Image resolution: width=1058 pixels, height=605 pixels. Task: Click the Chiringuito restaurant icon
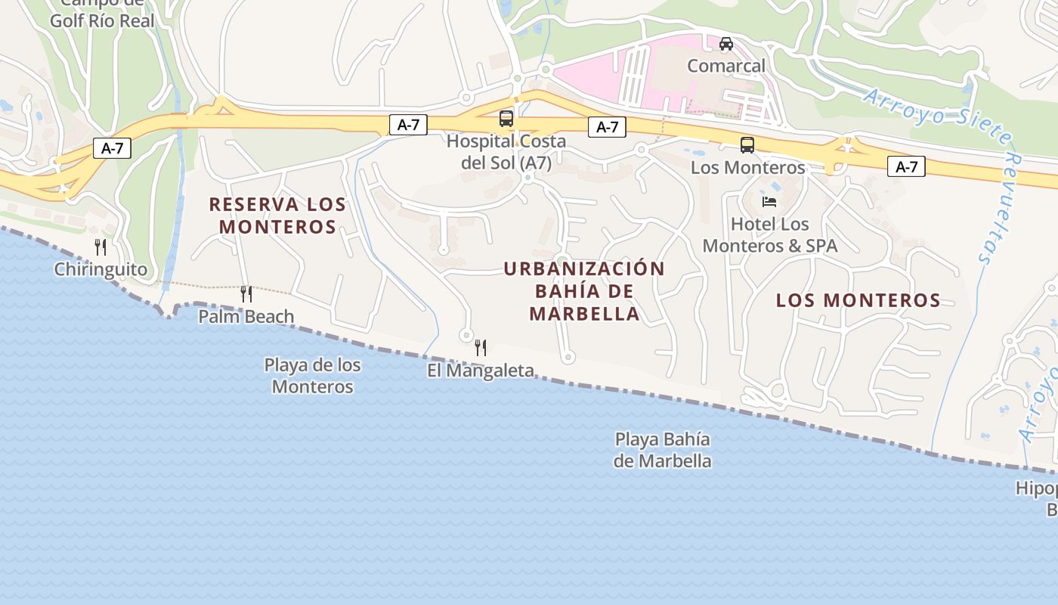pos(100,247)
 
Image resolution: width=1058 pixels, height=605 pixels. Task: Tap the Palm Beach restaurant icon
pos(246,293)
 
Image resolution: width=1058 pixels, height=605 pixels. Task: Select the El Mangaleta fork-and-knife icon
pos(480,348)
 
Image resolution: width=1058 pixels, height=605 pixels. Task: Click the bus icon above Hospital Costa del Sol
pos(506,119)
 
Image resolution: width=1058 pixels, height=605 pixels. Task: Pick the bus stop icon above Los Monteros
pos(747,145)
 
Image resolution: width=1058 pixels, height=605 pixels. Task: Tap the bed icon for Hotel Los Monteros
pos(769,202)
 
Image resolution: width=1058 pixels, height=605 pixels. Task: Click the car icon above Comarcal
pos(725,44)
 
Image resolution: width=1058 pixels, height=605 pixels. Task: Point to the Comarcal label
pos(725,66)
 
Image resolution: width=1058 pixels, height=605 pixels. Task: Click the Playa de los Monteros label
pos(312,376)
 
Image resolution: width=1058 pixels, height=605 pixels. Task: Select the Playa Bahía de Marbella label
pos(663,450)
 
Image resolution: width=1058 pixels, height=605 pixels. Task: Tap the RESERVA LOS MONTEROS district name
pos(277,216)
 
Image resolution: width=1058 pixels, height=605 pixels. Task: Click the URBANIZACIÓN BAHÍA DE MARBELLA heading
pos(584,291)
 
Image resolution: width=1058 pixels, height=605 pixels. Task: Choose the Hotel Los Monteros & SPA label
pos(770,235)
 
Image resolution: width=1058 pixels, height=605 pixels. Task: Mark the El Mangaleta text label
pos(481,371)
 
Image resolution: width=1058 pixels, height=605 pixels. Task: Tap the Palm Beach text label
pos(246,316)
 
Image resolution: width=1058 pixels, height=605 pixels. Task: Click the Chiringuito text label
pos(101,269)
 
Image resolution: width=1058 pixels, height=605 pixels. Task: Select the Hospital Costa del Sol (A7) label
pos(506,152)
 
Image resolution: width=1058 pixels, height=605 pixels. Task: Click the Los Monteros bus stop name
pos(747,167)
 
